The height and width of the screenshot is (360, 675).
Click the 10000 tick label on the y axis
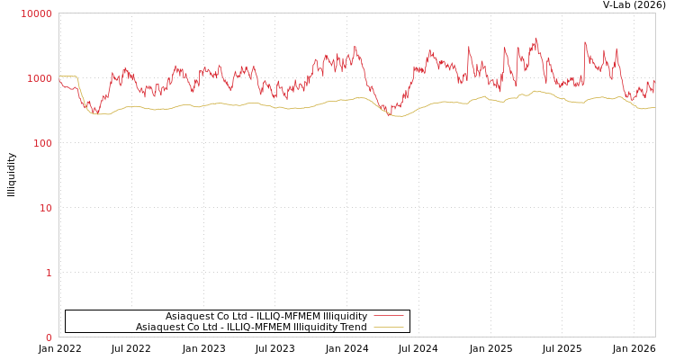point(37,13)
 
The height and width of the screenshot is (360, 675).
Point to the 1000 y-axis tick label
point(40,78)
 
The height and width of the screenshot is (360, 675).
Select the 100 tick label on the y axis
point(42,143)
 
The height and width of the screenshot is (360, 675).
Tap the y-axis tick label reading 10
point(45,208)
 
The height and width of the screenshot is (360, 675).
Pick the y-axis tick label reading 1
point(49,273)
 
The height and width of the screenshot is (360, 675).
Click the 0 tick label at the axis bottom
point(49,337)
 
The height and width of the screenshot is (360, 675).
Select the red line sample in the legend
point(388,316)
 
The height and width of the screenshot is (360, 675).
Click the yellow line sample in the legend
point(388,327)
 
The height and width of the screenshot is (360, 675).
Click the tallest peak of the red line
point(536,39)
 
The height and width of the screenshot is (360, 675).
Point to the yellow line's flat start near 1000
point(68,76)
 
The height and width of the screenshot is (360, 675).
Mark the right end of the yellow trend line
point(654,108)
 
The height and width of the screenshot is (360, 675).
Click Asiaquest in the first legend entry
point(189,316)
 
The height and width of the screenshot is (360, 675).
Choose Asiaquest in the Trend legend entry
point(159,327)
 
